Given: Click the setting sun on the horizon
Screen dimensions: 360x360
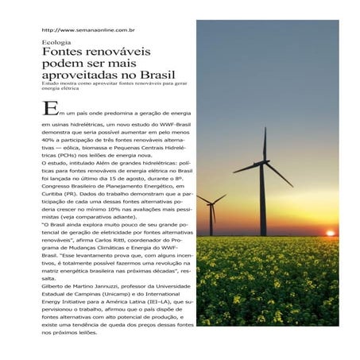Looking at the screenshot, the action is (x=331, y=231).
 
